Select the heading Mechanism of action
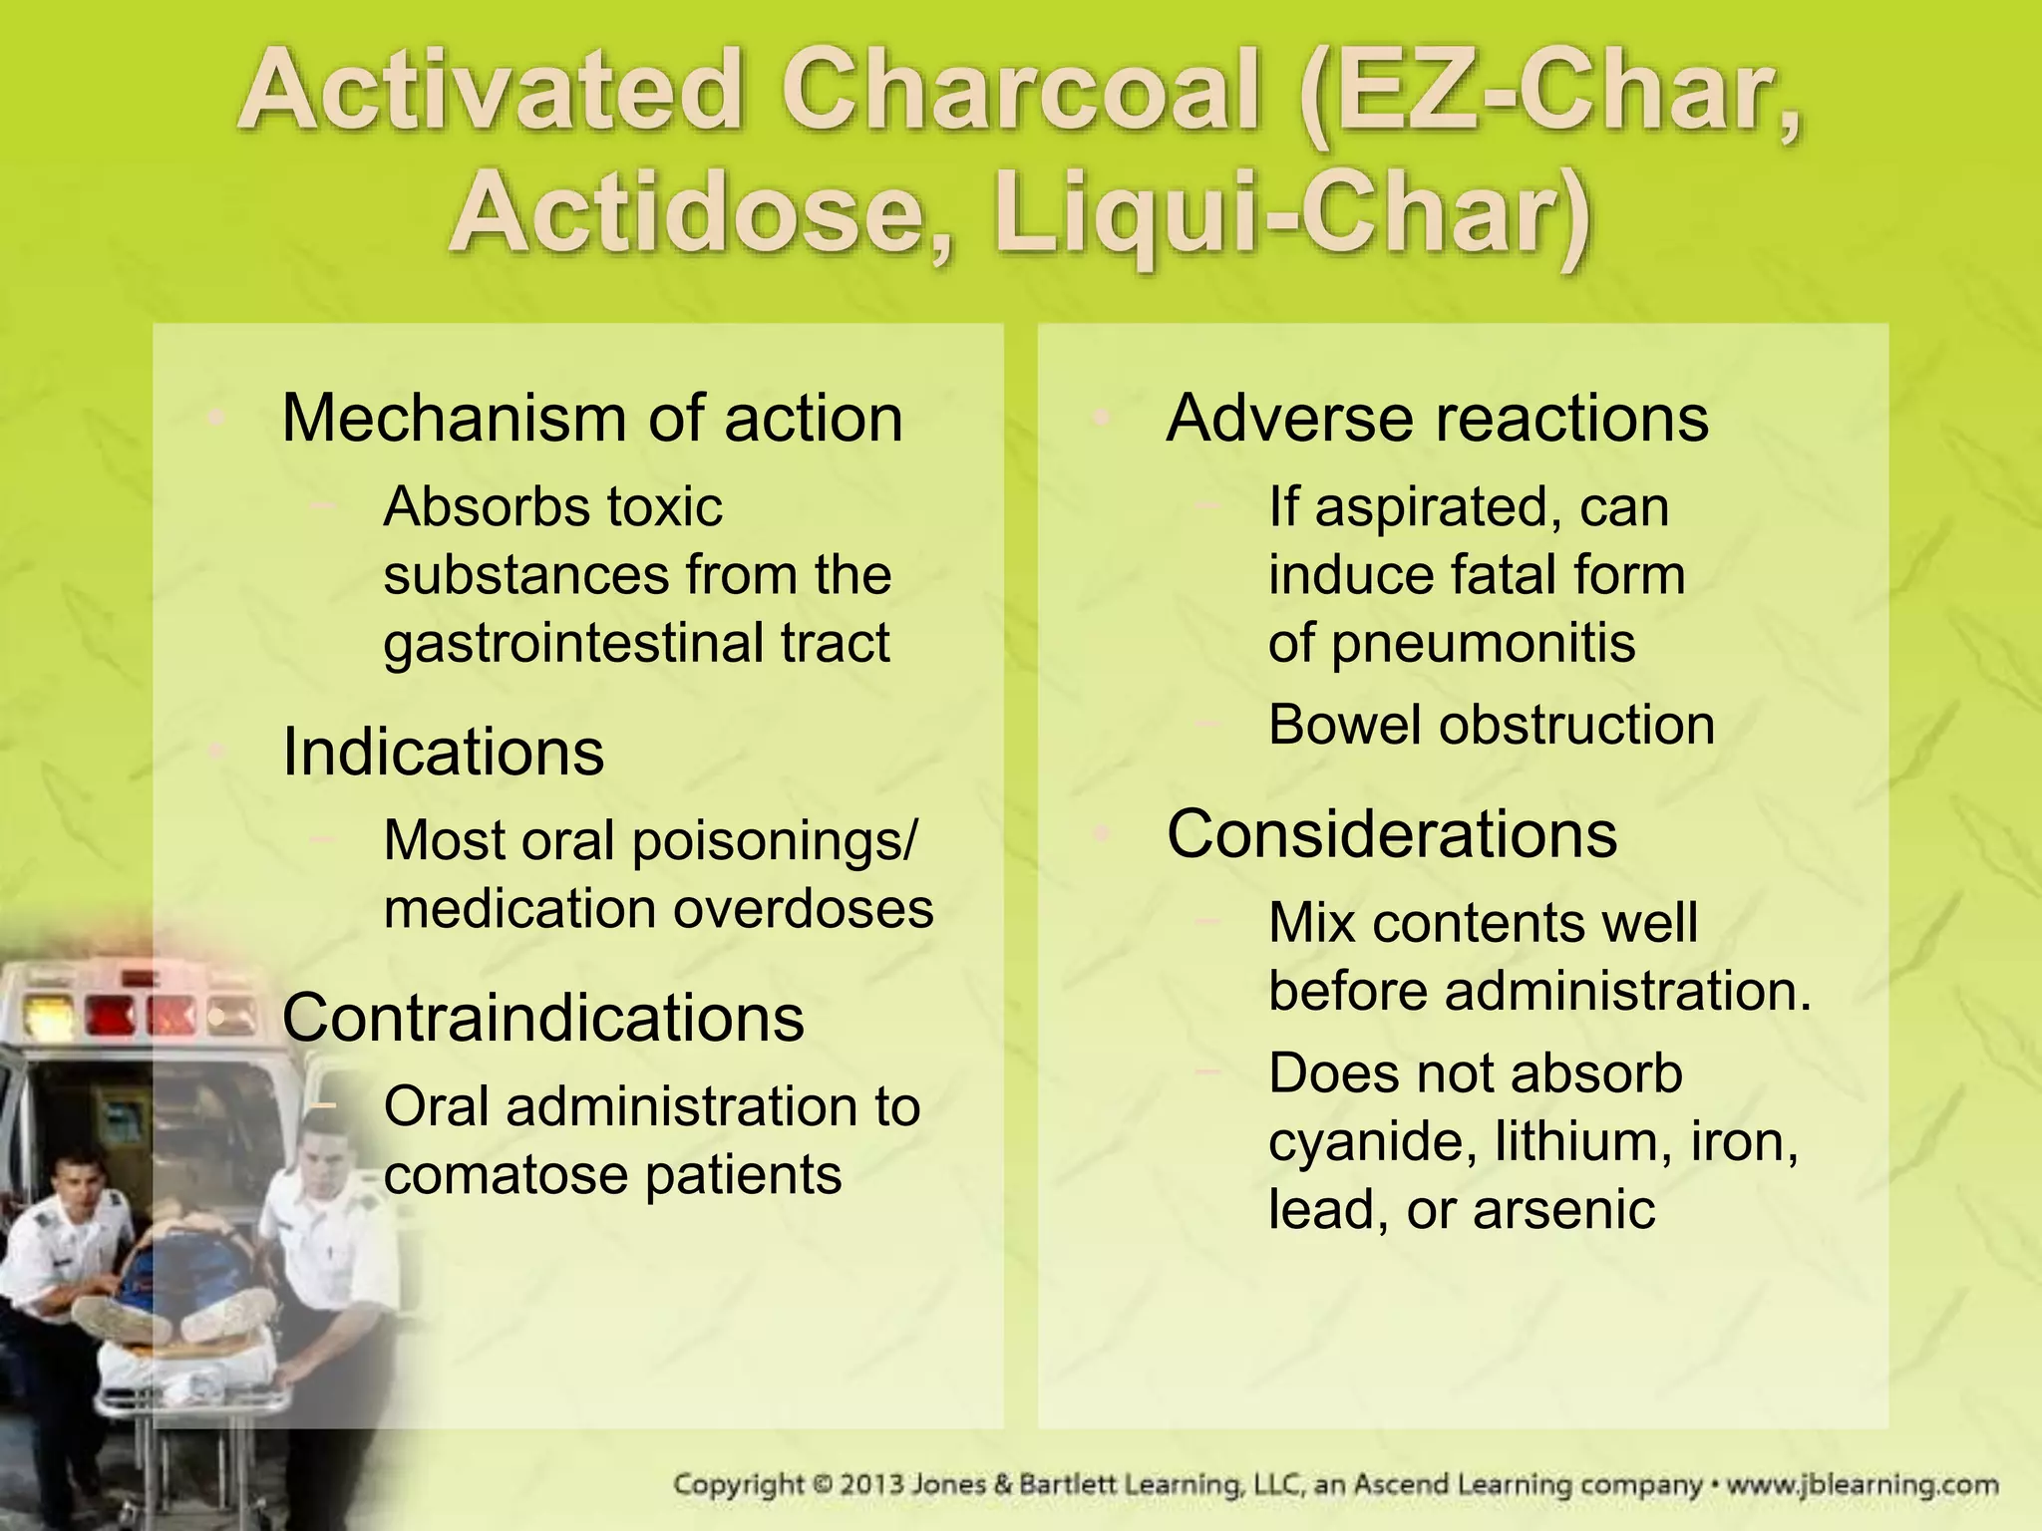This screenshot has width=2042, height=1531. (x=592, y=418)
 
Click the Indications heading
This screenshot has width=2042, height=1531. (x=443, y=752)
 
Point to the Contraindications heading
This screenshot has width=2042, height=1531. (x=542, y=1018)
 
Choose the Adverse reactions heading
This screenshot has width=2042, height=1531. (x=1437, y=418)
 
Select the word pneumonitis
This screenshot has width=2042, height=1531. (x=1483, y=643)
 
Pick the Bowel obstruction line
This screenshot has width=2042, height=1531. (x=1491, y=725)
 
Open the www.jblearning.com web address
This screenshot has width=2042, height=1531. (x=1862, y=1485)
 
